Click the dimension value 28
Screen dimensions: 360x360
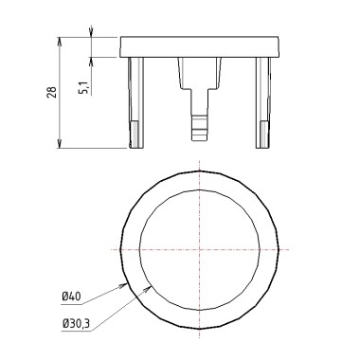52,92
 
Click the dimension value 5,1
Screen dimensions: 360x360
84,87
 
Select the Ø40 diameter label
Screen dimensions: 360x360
71,297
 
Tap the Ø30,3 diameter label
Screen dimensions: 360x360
76,323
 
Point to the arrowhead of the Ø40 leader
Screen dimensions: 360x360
123,285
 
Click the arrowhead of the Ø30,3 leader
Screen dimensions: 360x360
148,288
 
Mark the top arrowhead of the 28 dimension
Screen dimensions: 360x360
59,42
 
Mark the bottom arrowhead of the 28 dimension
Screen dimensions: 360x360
59,143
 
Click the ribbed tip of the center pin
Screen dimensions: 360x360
200,128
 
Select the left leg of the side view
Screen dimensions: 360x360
136,102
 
